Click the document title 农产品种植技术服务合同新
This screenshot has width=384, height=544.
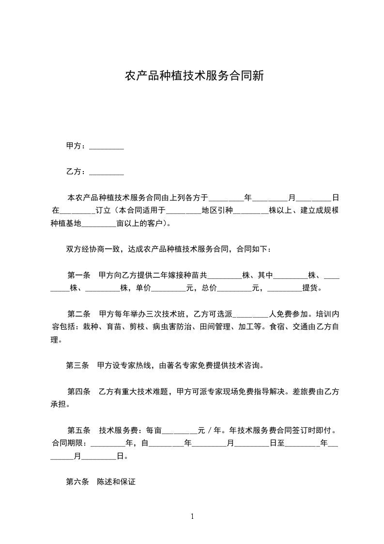[x=194, y=76]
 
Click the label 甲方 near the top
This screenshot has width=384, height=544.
[x=74, y=146]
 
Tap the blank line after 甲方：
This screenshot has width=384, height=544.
[x=107, y=147]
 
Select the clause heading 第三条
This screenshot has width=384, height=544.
[x=77, y=365]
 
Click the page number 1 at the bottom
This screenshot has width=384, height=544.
[x=192, y=516]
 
